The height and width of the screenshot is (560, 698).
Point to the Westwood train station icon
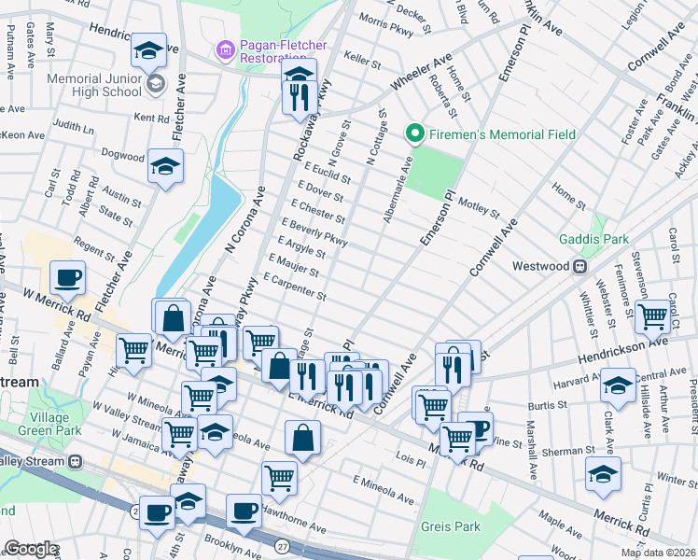[x=579, y=266]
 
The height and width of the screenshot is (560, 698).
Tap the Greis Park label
[x=450, y=526]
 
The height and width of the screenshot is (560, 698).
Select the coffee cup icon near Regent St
[x=68, y=277]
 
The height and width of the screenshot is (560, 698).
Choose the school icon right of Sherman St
[x=603, y=473]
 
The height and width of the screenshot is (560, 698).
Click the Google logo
[x=30, y=549]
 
